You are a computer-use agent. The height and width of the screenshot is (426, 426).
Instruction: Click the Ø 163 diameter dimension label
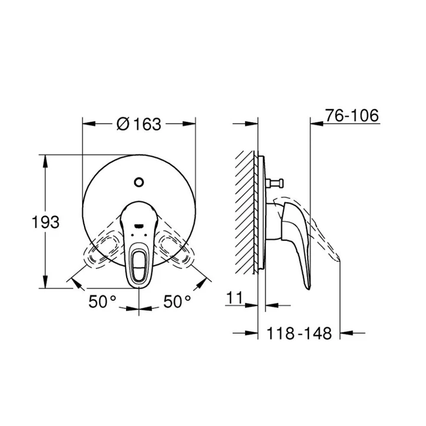(x=139, y=124)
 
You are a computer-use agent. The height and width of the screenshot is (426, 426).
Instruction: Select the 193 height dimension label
(x=46, y=222)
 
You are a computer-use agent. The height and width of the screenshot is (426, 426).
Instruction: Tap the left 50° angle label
(x=102, y=301)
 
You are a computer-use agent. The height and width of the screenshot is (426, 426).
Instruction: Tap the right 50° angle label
(x=177, y=301)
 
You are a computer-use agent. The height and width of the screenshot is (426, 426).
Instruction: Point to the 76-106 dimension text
(x=352, y=115)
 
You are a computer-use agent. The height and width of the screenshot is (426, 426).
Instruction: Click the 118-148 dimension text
(x=299, y=333)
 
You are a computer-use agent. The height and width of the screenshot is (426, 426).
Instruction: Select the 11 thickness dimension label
(x=234, y=298)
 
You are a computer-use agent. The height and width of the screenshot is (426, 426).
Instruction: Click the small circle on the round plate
(x=139, y=182)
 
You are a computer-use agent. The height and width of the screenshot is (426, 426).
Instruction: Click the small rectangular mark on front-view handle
(x=139, y=225)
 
